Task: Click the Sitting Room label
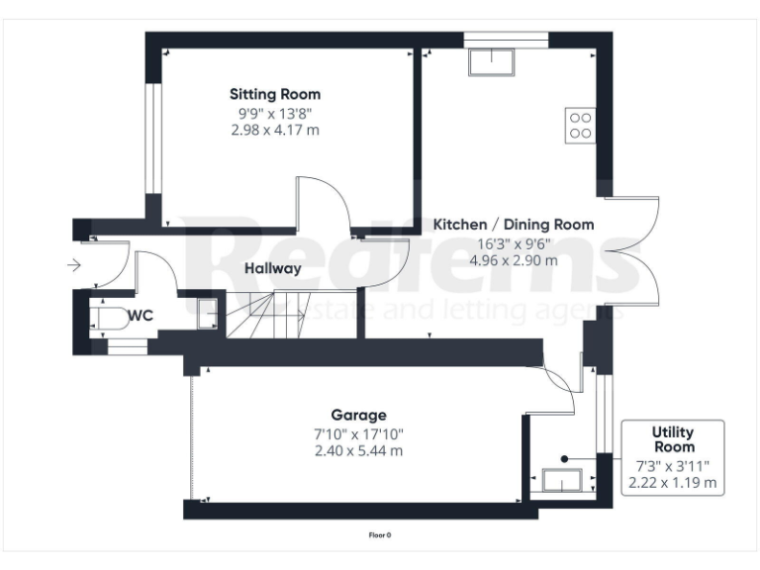pyautogui.click(x=275, y=94)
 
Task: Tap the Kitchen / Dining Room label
pyautogui.click(x=514, y=225)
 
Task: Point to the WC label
pyautogui.click(x=140, y=316)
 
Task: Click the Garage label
pyautogui.click(x=358, y=416)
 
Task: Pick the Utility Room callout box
pyautogui.click(x=673, y=458)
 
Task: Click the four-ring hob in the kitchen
pyautogui.click(x=579, y=125)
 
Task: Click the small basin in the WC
pyautogui.click(x=208, y=312)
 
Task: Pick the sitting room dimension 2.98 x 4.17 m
pyautogui.click(x=275, y=131)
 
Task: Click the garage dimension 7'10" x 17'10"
pyautogui.click(x=358, y=433)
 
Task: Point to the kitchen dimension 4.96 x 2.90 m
pyautogui.click(x=514, y=261)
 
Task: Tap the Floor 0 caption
pyautogui.click(x=380, y=535)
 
